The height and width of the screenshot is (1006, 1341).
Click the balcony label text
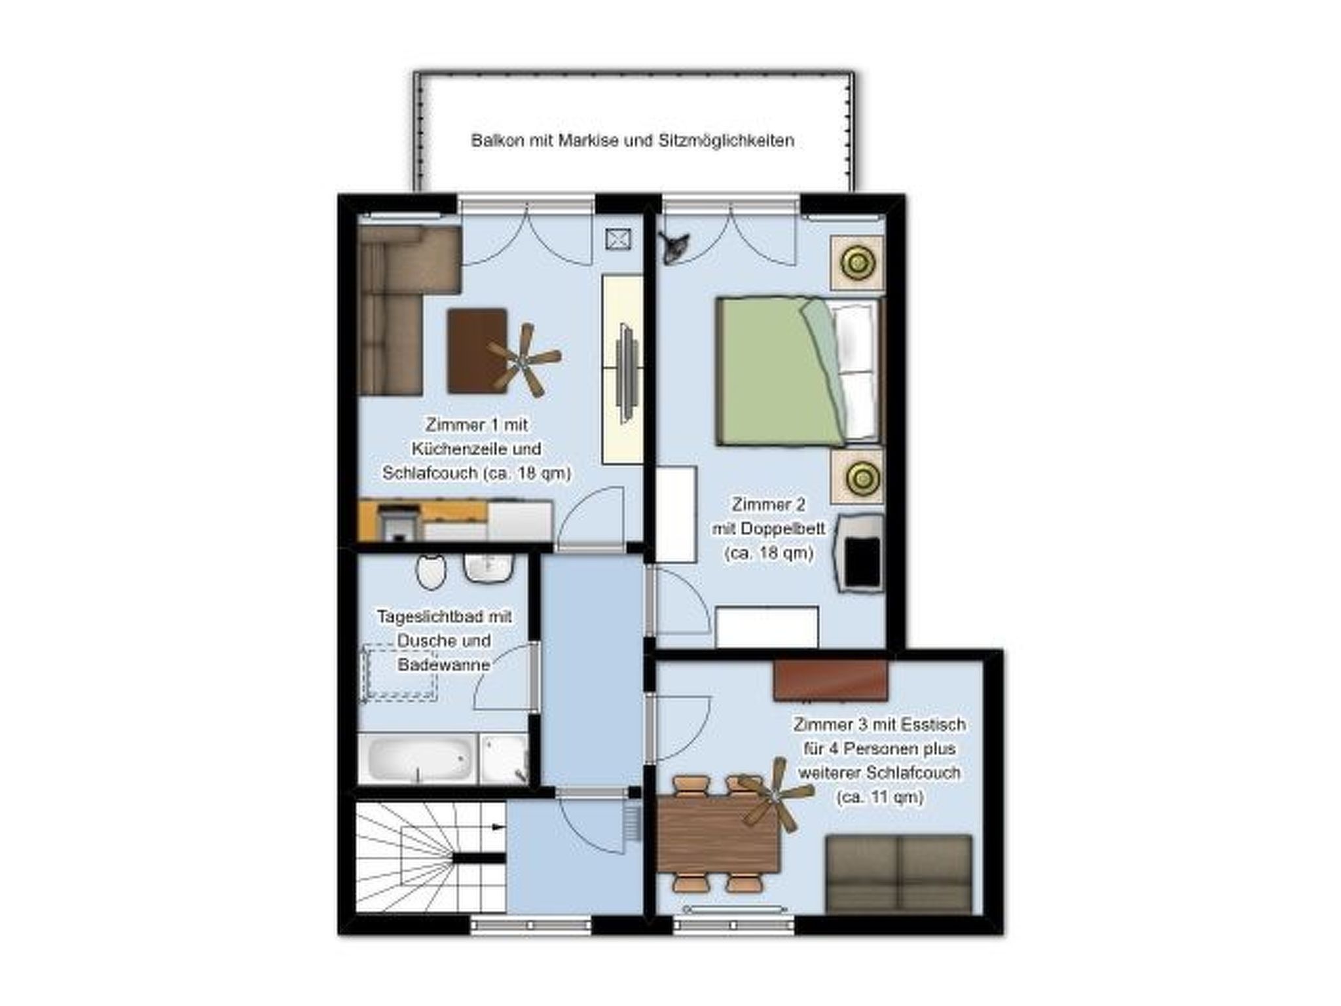633,141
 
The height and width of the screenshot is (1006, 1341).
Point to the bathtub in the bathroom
419,758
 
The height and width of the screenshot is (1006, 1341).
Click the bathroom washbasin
487,567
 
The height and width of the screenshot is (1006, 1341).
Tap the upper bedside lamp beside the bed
857,263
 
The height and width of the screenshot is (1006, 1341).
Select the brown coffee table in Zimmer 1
476,350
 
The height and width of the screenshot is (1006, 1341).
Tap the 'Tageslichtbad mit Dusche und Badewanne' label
444,641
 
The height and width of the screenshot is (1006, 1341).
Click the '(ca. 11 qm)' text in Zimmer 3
879,797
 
